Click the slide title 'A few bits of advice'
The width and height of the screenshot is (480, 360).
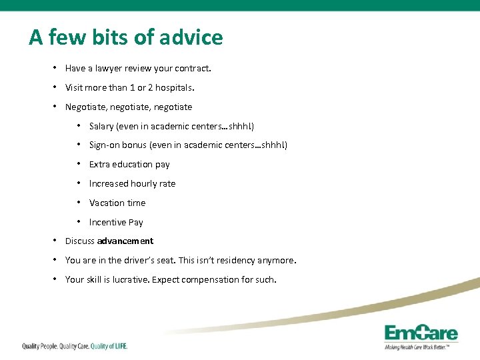point(125,37)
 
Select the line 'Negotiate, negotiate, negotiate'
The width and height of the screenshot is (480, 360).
point(128,107)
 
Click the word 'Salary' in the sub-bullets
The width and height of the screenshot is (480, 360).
point(101,126)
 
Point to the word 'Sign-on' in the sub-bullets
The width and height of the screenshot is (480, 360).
point(105,145)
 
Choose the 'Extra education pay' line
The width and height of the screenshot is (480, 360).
point(129,165)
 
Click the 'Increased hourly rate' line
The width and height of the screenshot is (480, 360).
point(132,184)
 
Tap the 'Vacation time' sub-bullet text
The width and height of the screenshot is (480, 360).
point(117,203)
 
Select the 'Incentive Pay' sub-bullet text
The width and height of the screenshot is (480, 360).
point(116,223)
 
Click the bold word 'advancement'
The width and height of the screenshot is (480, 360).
point(125,241)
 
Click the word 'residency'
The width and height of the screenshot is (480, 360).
point(235,261)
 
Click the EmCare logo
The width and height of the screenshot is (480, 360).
point(421,333)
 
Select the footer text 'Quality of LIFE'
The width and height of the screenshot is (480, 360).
point(109,346)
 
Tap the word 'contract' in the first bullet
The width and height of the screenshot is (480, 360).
point(194,68)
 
